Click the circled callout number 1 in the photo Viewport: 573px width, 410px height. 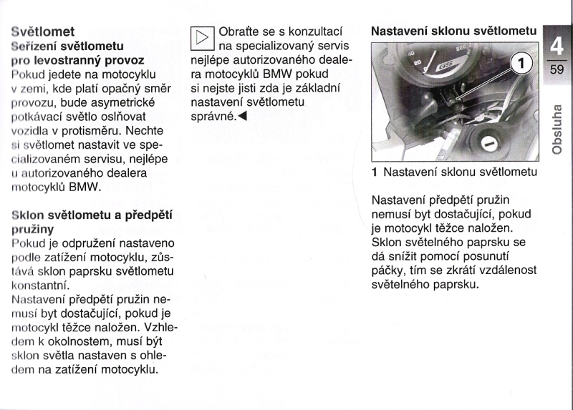(523, 65)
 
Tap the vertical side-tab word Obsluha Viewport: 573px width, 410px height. (557, 130)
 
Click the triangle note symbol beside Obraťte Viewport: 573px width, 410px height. (202, 39)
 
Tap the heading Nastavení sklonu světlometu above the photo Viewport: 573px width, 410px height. (453, 31)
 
